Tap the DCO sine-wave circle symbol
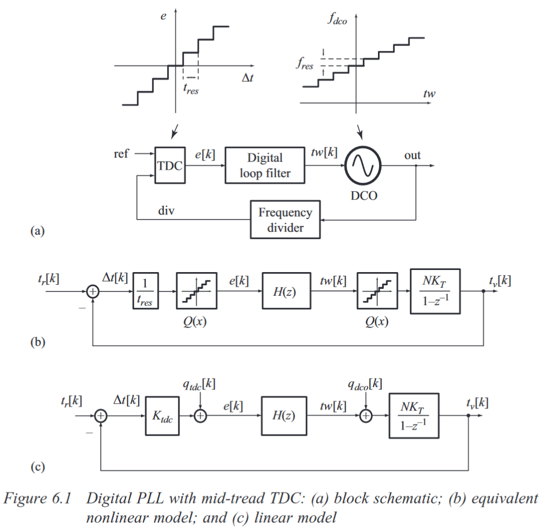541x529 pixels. point(363,165)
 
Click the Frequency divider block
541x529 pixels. point(285,219)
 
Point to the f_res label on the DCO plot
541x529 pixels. point(304,66)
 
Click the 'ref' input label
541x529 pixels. point(121,154)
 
